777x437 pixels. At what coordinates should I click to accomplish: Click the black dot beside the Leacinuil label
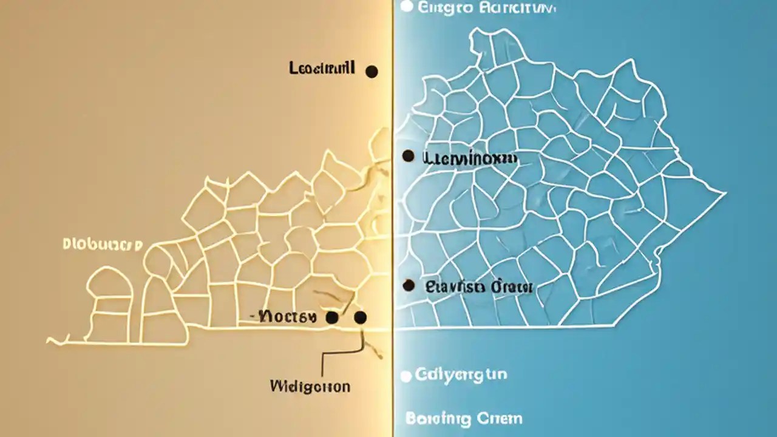click(372, 72)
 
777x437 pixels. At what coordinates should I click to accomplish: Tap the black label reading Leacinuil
click(322, 69)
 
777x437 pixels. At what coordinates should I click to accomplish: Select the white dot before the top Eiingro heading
click(407, 7)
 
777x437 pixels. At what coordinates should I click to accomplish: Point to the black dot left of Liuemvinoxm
click(409, 157)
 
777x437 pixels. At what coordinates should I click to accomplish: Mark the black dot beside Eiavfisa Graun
click(409, 285)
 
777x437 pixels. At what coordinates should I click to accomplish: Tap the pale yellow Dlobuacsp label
click(102, 245)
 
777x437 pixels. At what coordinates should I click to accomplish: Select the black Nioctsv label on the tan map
click(286, 316)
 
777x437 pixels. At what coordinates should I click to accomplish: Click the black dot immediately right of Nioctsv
click(331, 317)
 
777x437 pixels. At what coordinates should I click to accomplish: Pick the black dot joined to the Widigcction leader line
click(360, 317)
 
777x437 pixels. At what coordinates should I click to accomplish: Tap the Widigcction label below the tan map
click(310, 386)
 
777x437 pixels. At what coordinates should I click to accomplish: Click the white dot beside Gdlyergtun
click(407, 376)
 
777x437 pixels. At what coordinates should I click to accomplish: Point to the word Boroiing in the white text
click(438, 418)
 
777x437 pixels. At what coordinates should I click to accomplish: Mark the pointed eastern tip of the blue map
click(724, 194)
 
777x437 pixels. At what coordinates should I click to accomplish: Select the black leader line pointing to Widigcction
click(322, 364)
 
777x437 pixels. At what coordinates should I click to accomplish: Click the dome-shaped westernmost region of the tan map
click(110, 285)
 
